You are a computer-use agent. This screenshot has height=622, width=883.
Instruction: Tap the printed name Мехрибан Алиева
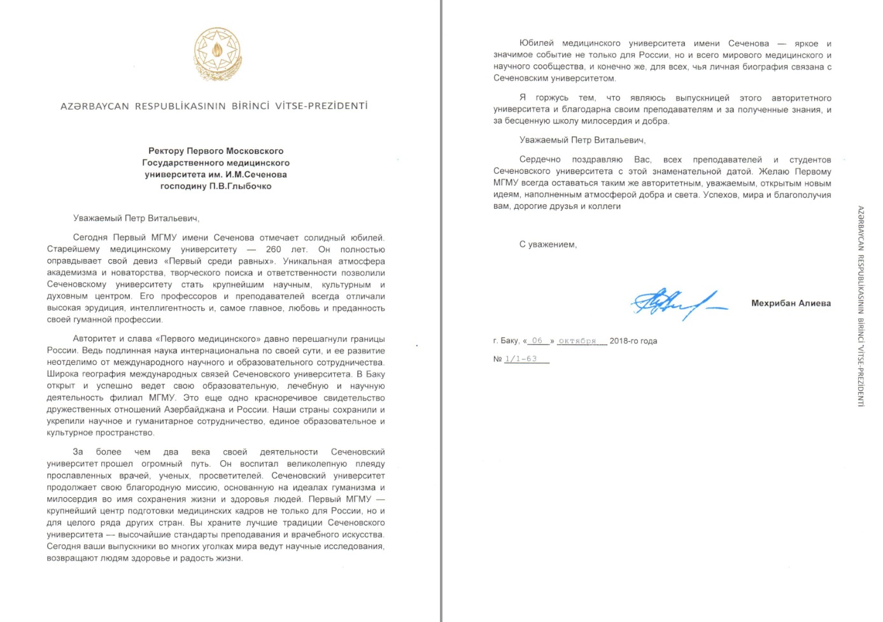click(x=791, y=303)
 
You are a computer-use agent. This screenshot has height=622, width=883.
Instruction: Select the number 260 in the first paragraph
click(x=273, y=250)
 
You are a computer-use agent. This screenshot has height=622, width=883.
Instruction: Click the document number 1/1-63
click(x=521, y=359)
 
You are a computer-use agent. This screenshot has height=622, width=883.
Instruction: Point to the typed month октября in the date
click(x=577, y=341)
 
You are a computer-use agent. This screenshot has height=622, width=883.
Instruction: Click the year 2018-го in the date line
click(x=625, y=341)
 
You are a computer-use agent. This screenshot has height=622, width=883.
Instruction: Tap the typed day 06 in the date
click(x=537, y=341)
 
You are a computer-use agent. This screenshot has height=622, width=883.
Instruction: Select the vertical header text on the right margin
click(x=860, y=306)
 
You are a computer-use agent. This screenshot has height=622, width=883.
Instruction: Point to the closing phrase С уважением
click(x=547, y=244)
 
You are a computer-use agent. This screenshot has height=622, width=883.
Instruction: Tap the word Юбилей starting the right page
click(x=536, y=43)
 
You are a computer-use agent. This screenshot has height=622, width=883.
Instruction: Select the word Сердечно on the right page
click(x=540, y=160)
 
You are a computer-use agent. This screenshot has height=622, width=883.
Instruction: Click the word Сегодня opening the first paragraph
click(x=90, y=238)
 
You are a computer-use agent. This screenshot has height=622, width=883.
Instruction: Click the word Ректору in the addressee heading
click(x=166, y=151)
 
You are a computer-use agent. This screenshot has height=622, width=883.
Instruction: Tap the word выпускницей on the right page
click(x=702, y=98)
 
